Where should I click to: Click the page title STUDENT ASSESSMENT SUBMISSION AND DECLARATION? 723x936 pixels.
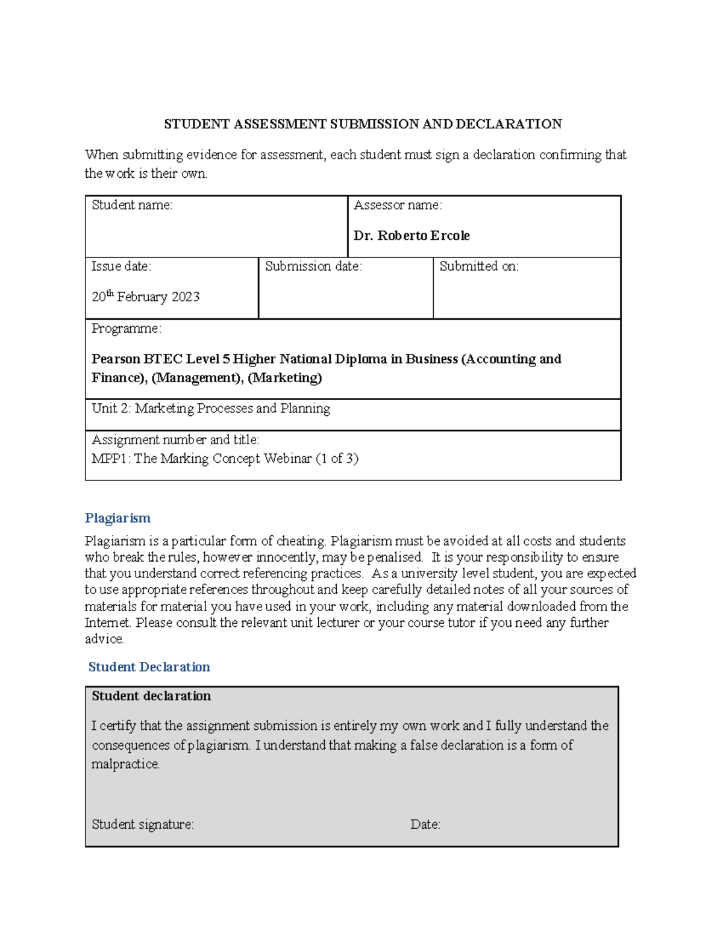(363, 124)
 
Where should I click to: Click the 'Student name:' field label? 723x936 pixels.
(132, 205)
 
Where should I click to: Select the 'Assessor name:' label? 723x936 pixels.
(398, 205)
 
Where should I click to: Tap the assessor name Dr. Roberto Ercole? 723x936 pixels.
(412, 236)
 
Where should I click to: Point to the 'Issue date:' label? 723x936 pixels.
(121, 266)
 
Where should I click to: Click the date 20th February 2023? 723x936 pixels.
(145, 297)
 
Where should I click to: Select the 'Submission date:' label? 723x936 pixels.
(313, 266)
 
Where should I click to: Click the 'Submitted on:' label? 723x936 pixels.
(479, 266)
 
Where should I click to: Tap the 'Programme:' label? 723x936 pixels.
(126, 328)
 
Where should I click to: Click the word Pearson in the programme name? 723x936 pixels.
(116, 359)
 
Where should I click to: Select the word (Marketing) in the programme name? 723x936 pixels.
(284, 378)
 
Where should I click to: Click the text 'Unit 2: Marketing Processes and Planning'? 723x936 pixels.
(211, 409)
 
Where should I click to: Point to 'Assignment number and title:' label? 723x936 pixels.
(175, 440)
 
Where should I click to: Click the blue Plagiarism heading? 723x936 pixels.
(117, 518)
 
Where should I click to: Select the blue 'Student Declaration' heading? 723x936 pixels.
(149, 667)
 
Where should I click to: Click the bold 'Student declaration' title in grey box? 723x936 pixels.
(151, 696)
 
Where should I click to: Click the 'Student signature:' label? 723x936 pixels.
(143, 824)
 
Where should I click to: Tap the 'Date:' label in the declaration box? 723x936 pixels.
(425, 824)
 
